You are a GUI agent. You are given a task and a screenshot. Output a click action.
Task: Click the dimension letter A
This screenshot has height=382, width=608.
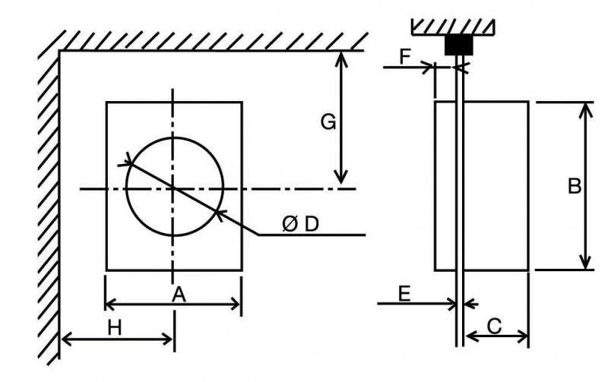(x=179, y=295)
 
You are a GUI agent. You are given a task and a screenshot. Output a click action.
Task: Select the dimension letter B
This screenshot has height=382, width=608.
(x=575, y=185)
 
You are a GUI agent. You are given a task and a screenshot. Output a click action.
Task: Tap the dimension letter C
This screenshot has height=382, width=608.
(x=495, y=327)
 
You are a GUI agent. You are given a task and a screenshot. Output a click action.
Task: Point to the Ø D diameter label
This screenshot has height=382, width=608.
(x=300, y=224)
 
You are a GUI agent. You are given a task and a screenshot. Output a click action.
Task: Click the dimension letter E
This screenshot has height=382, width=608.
(x=404, y=294)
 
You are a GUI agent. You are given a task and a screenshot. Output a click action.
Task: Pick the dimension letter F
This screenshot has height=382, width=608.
(x=405, y=57)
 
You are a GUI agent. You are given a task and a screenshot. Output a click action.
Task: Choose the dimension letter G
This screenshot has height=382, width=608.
(x=328, y=122)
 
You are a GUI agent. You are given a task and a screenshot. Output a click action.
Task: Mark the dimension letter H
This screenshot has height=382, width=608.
(x=115, y=328)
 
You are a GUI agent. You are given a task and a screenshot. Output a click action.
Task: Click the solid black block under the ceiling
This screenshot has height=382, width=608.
(x=459, y=45)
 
